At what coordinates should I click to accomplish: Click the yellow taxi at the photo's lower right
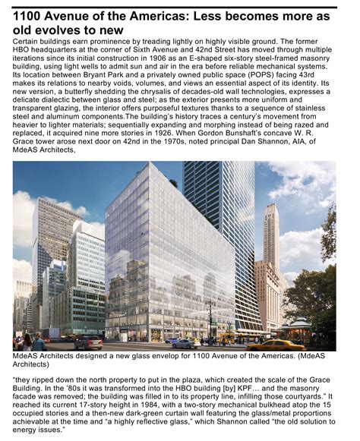coord(273,344)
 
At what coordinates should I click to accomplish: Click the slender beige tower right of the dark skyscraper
coord(270,235)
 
